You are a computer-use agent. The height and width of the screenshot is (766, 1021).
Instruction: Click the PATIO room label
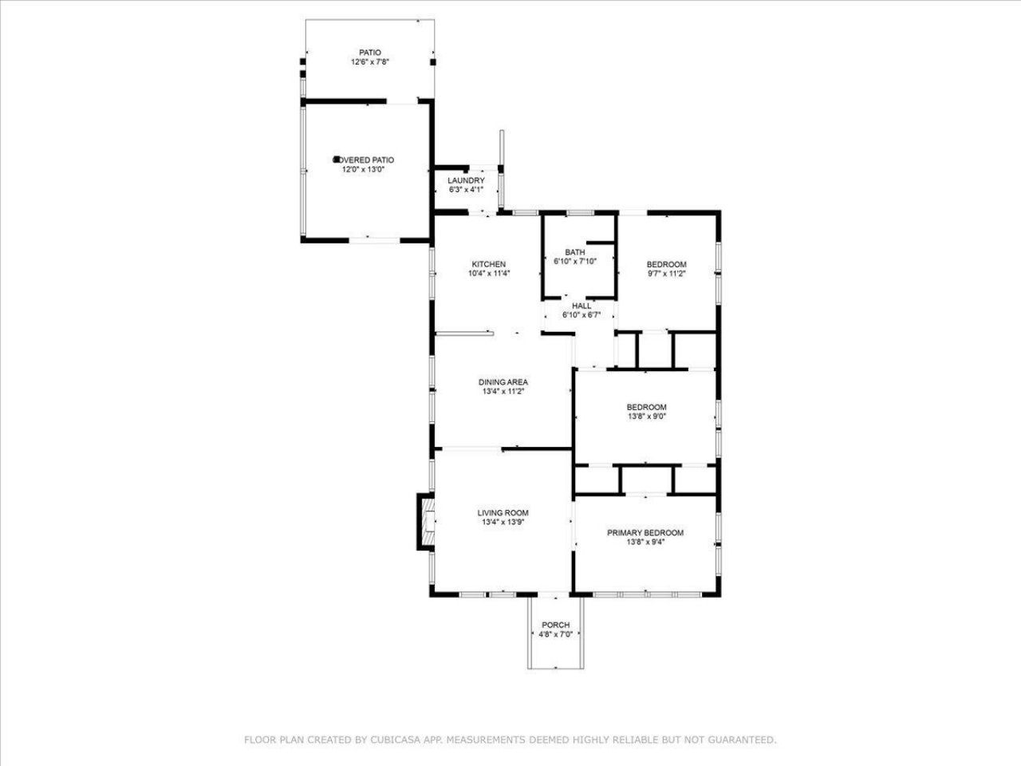tap(369, 53)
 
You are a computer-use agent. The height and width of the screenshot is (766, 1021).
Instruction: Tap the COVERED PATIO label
tap(368, 160)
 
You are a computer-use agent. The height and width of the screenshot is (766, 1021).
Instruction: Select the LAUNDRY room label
tap(466, 180)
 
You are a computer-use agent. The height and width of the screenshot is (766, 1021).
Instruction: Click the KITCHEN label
tap(488, 264)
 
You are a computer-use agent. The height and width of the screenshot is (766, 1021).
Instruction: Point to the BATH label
tap(575, 252)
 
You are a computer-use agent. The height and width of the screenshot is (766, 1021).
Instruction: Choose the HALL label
tap(581, 306)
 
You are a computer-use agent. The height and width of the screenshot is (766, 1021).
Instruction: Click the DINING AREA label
tap(503, 382)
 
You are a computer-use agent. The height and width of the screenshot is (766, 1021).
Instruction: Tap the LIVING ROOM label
tap(503, 513)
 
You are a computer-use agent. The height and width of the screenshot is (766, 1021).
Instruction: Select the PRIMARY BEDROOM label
tap(645, 533)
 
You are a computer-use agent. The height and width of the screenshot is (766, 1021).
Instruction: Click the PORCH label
tap(555, 625)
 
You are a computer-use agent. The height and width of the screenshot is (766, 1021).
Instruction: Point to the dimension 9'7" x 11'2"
tap(666, 274)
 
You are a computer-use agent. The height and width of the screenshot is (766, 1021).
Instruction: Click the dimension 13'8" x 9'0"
tap(646, 416)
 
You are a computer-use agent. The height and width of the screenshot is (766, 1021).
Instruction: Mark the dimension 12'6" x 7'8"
tap(369, 62)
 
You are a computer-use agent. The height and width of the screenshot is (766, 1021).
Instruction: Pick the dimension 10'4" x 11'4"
tap(488, 274)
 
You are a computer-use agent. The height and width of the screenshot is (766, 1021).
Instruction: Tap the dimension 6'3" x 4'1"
tap(466, 190)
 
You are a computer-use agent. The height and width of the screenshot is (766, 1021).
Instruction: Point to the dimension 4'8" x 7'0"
tap(555, 634)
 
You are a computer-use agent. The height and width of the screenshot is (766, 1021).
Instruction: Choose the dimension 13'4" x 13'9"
tap(503, 523)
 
